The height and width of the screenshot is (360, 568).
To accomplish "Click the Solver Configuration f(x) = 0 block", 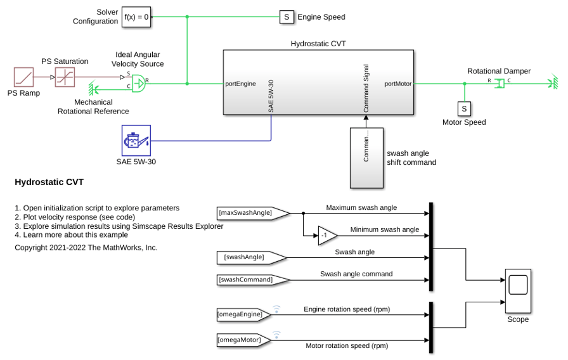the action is (136, 16).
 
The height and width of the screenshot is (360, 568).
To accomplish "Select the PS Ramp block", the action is (24, 77).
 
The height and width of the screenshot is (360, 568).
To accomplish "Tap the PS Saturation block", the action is (65, 77).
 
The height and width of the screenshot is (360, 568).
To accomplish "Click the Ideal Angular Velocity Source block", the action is (138, 83).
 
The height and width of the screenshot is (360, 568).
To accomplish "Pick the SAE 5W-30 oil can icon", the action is (136, 141).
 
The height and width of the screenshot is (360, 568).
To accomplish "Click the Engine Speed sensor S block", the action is (287, 17).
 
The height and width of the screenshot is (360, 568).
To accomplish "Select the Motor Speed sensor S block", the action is (465, 108).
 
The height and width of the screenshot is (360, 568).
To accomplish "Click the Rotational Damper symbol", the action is (500, 83).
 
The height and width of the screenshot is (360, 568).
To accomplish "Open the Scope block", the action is (518, 291).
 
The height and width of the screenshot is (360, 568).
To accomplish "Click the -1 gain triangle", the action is (327, 235).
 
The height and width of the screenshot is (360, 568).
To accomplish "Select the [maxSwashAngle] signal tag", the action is (253, 213).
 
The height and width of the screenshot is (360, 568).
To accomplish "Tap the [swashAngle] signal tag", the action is (252, 257).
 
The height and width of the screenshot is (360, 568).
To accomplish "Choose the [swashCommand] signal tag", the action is (253, 280).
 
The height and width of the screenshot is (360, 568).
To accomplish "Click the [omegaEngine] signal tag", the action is (244, 314).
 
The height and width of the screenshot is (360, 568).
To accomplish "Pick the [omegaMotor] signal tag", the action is (244, 340).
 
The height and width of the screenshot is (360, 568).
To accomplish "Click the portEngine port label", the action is (240, 84).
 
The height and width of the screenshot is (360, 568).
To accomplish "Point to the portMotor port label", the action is (397, 84).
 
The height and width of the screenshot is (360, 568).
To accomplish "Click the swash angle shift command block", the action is (366, 158).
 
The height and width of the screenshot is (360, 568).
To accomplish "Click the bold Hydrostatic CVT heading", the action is (49, 182).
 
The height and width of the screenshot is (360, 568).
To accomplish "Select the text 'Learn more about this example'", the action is (75, 235).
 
